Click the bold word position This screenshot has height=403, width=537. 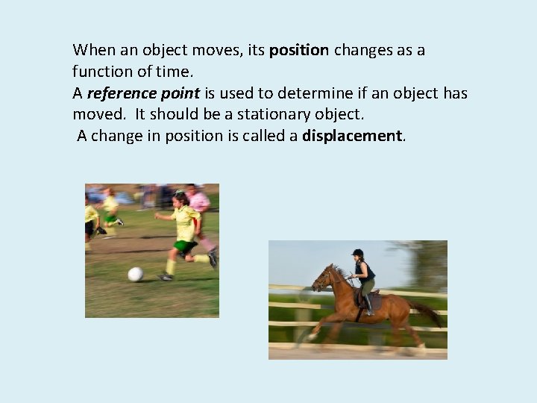click(298, 51)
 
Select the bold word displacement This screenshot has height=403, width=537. click(352, 136)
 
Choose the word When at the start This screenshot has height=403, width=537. click(92, 51)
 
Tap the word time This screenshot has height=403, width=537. click(177, 72)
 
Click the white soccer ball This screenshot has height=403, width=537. click(135, 274)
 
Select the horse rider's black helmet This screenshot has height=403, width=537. click(357, 253)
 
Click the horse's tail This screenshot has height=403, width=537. click(427, 312)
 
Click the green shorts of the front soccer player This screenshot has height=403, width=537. click(184, 246)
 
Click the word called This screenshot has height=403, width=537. click(266, 136)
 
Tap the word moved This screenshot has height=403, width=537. click(101, 115)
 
